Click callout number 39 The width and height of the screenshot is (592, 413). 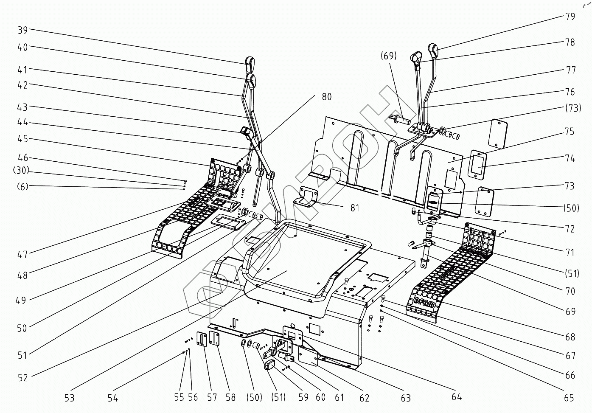point(22,30)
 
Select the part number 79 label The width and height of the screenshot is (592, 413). point(570,16)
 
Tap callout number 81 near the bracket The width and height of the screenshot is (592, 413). point(355,208)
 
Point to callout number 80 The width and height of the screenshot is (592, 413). point(326,97)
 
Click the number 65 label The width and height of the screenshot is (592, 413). point(569,398)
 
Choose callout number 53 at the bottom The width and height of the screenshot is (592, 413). point(69,398)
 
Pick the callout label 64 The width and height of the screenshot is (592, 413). point(457,397)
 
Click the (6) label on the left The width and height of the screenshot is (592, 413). point(22,186)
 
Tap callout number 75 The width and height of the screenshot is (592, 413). point(570,131)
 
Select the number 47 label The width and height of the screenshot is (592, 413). point(22,254)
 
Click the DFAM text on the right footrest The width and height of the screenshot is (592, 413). point(424,303)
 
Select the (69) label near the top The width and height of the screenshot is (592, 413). point(388,56)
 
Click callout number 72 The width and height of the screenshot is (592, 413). point(570,229)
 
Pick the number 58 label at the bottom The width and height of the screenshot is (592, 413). point(230,397)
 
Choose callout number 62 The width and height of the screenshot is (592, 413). point(364,398)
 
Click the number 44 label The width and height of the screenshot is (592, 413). point(22,122)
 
